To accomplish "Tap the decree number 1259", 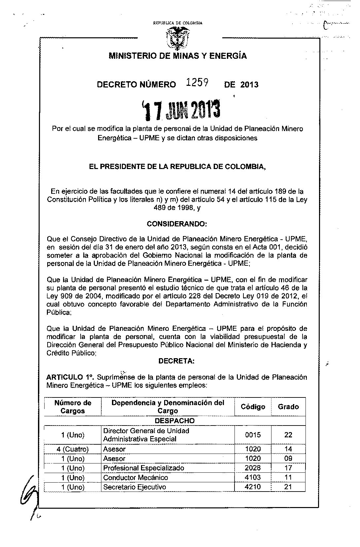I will [197, 84].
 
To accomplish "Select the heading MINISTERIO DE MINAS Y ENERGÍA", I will [178, 56].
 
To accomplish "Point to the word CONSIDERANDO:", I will [177, 224].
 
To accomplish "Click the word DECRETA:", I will [177, 361].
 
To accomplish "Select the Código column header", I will [253, 407].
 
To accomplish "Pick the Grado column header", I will [288, 407].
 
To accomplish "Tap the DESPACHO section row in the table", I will [175, 421].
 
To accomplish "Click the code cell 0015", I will [253, 435].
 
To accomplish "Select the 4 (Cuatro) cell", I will [73, 449].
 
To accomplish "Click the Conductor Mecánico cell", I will [135, 477].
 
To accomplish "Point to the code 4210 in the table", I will [253, 487].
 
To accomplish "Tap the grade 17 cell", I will [288, 468].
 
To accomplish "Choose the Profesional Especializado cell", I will [144, 468].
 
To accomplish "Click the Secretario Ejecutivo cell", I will [135, 487].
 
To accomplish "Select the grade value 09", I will [288, 458].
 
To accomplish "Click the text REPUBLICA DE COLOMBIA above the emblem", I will [177, 23].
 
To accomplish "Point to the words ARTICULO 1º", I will [66, 377].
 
